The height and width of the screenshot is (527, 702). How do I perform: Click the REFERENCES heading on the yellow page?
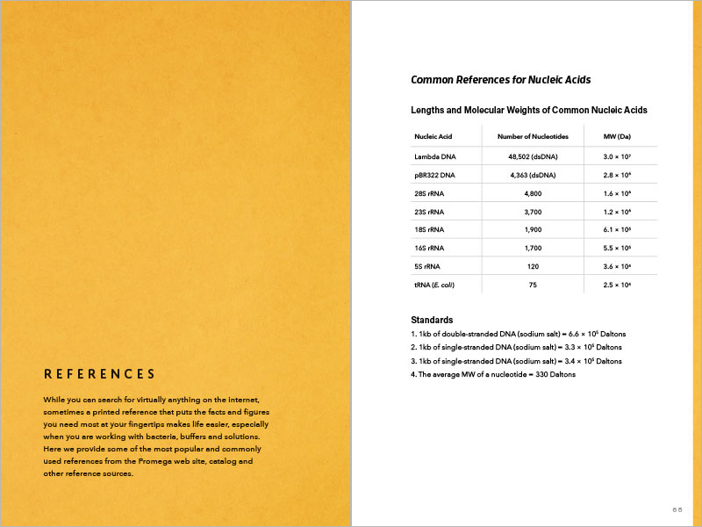click(100, 374)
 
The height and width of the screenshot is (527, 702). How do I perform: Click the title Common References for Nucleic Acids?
click(500, 80)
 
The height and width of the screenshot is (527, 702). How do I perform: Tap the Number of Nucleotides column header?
click(533, 137)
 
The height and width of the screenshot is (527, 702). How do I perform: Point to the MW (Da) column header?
click(618, 137)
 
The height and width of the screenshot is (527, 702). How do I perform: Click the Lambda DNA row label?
click(435, 157)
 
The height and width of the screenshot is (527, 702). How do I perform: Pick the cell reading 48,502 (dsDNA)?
click(533, 157)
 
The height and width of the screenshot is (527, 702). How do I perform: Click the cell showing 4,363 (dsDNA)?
click(533, 176)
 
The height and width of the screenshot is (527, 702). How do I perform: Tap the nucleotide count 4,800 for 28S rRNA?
click(533, 193)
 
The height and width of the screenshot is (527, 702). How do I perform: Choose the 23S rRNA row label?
click(429, 212)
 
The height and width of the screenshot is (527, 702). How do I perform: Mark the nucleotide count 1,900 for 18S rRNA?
click(533, 230)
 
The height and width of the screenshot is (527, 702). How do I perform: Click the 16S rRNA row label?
click(429, 249)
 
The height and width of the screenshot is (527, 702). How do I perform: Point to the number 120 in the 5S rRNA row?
click(533, 266)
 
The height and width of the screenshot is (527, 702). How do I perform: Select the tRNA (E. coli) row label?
click(434, 285)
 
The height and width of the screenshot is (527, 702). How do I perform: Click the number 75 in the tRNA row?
click(533, 285)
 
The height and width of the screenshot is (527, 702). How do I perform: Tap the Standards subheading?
click(432, 320)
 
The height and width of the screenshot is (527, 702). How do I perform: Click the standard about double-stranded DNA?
click(518, 334)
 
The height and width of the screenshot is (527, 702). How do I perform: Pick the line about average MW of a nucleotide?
click(493, 374)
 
